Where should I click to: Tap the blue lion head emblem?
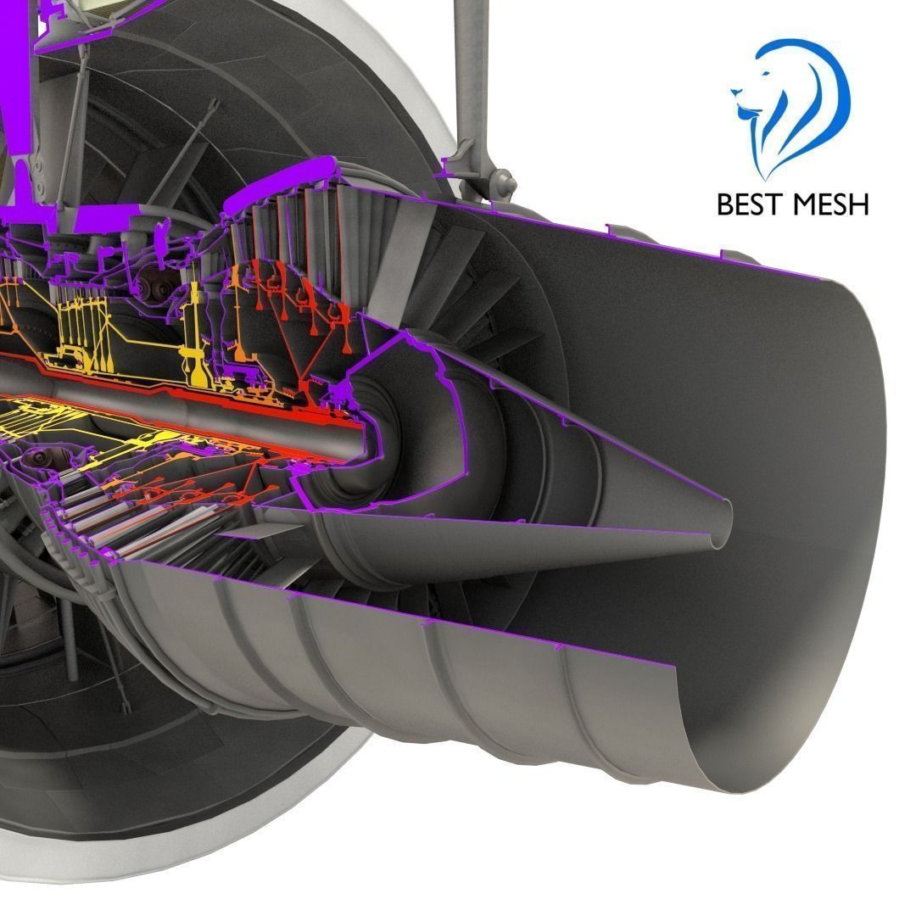[x=789, y=106]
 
